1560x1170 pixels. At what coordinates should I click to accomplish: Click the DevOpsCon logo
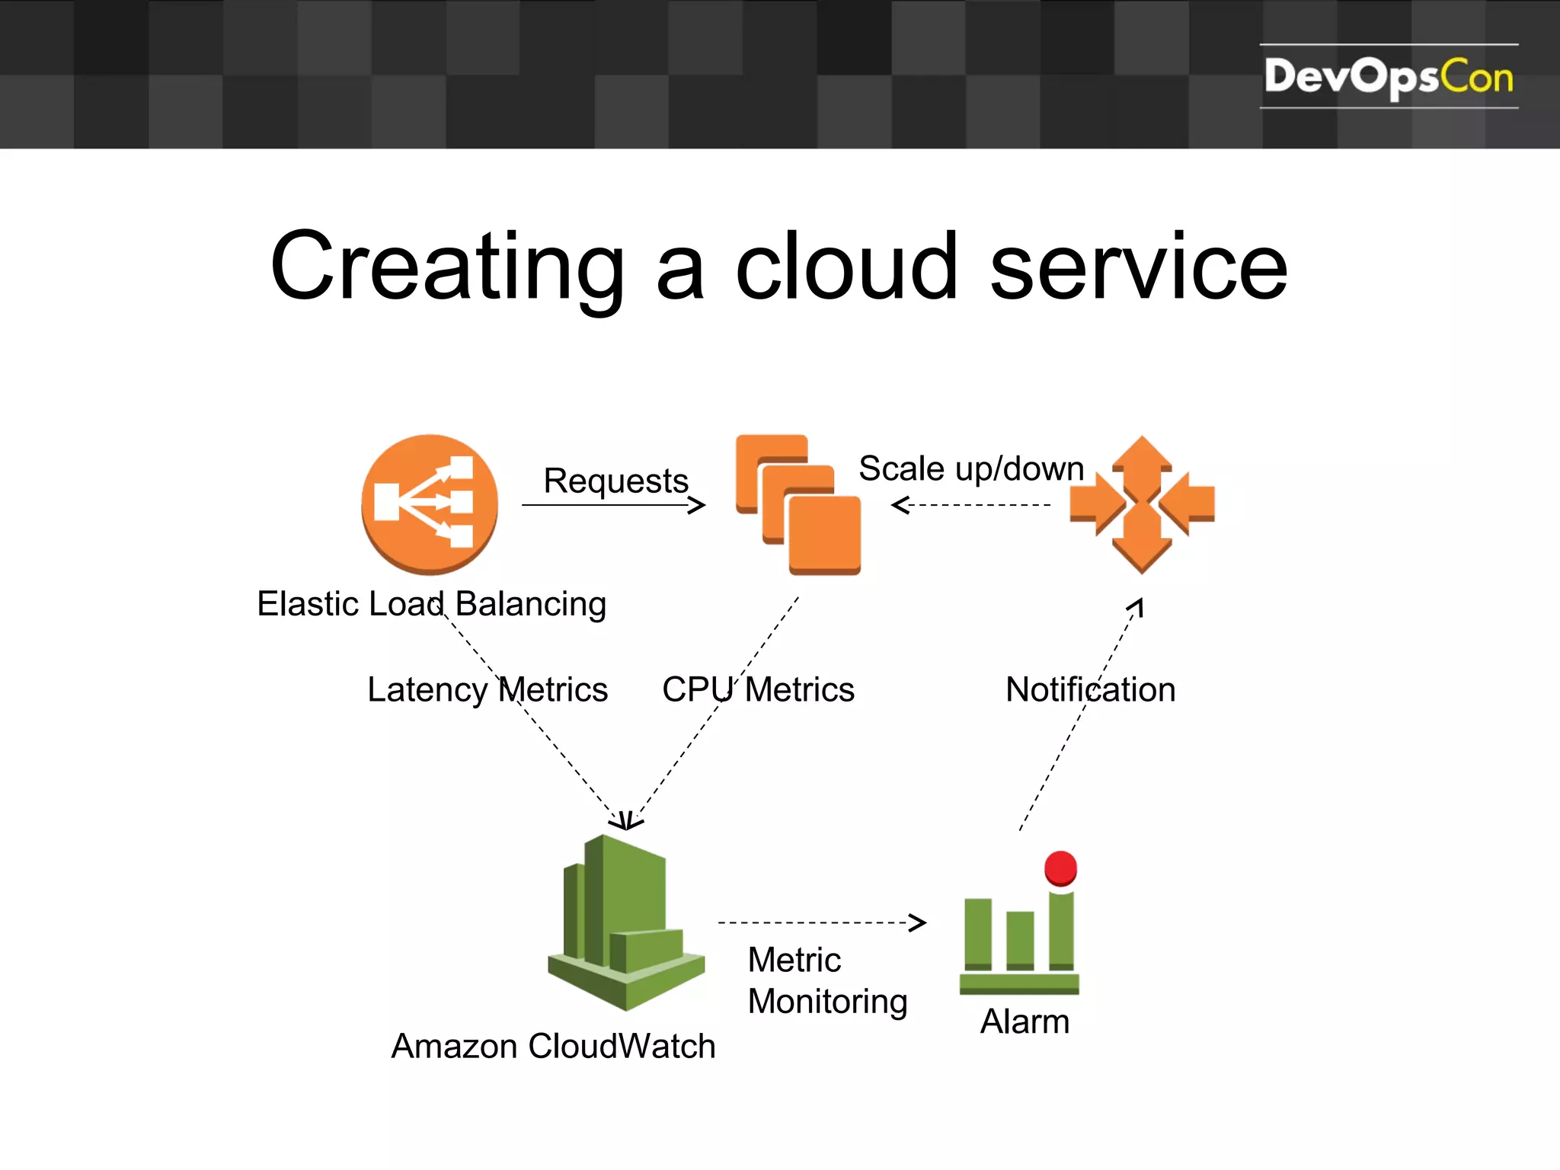coord(1388,76)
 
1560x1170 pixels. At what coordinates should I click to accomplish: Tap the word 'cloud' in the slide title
coord(846,267)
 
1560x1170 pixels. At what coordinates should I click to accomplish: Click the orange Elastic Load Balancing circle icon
coord(430,503)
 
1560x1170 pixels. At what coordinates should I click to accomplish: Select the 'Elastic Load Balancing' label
coord(431,604)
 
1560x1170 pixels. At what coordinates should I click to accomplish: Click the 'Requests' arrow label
coord(615,481)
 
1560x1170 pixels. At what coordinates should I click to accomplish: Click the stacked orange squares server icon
coord(798,503)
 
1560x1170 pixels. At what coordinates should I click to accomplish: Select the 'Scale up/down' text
coord(970,468)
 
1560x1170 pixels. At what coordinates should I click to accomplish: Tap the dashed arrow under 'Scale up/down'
coord(971,505)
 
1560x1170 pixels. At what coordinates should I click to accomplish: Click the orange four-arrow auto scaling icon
coord(1141,503)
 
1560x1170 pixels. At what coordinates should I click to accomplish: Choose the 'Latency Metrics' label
coord(487,689)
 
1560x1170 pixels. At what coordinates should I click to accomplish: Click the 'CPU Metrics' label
coord(758,689)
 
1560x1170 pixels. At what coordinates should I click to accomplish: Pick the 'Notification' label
coord(1090,689)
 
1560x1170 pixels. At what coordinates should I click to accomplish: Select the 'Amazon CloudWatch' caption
coord(553,1046)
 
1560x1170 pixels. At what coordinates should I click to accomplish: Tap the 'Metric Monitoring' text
coord(827,980)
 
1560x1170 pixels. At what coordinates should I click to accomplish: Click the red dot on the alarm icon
coord(1060,868)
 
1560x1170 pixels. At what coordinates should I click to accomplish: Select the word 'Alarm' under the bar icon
coord(1025,1021)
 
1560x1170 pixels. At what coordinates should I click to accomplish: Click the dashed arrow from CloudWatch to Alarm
coord(821,922)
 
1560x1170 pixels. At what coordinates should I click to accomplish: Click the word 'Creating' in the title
coord(448,267)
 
